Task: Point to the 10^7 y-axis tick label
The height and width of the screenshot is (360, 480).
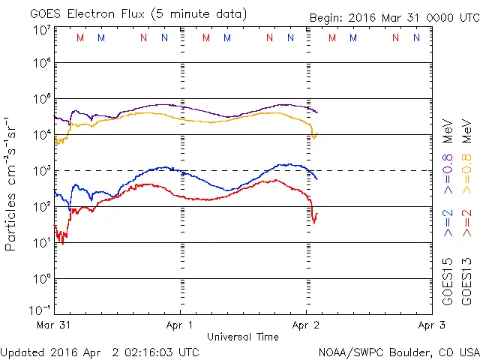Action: (41, 30)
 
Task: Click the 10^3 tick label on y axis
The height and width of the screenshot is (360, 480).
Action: (41, 171)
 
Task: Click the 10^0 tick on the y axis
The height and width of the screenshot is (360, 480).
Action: (41, 279)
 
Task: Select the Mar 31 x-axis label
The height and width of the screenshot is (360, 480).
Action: (54, 325)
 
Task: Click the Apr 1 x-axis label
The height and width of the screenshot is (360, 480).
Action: (180, 325)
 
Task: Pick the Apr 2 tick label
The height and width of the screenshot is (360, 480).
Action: (306, 325)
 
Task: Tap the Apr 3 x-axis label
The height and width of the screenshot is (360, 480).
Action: (430, 325)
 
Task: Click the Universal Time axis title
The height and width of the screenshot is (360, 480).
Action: (243, 337)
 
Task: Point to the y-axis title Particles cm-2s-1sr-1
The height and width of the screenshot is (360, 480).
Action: (13, 184)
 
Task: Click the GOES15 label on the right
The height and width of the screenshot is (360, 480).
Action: (448, 285)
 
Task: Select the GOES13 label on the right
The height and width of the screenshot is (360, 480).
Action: (466, 285)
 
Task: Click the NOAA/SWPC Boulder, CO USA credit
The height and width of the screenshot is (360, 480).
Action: (398, 352)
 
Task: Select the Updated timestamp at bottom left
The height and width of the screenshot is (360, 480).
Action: (100, 352)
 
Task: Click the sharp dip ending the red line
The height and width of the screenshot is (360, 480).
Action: (314, 220)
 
